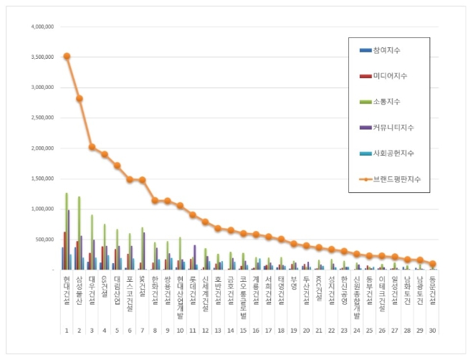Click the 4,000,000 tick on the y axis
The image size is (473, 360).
tap(42, 27)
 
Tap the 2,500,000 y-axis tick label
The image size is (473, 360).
tap(42, 118)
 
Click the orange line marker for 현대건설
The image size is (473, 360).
tap(67, 56)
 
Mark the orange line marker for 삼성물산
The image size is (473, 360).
tap(80, 98)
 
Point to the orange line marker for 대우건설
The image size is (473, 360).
tap(92, 147)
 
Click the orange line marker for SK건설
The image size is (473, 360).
tap(143, 180)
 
